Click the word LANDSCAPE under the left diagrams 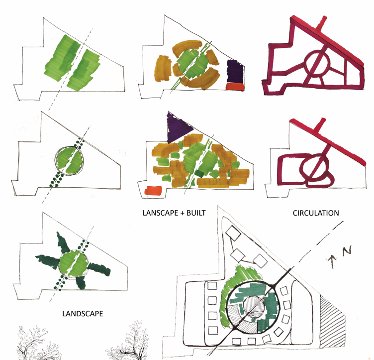click(x=83, y=314)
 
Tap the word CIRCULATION click(x=316, y=213)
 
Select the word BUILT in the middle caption click(x=196, y=213)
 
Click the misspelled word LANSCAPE click(x=160, y=213)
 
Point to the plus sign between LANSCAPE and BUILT click(x=182, y=213)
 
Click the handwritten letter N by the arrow click(x=347, y=250)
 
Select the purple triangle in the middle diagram click(x=179, y=128)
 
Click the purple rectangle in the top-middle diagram click(x=235, y=71)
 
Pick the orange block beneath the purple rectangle click(x=235, y=87)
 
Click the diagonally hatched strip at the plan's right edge click(x=332, y=321)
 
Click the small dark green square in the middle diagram click(x=199, y=174)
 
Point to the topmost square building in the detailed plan click(x=233, y=233)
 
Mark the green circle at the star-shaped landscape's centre click(x=73, y=265)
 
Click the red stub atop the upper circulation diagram click(x=321, y=24)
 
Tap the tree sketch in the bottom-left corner click(x=38, y=343)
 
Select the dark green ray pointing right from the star click(x=99, y=269)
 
